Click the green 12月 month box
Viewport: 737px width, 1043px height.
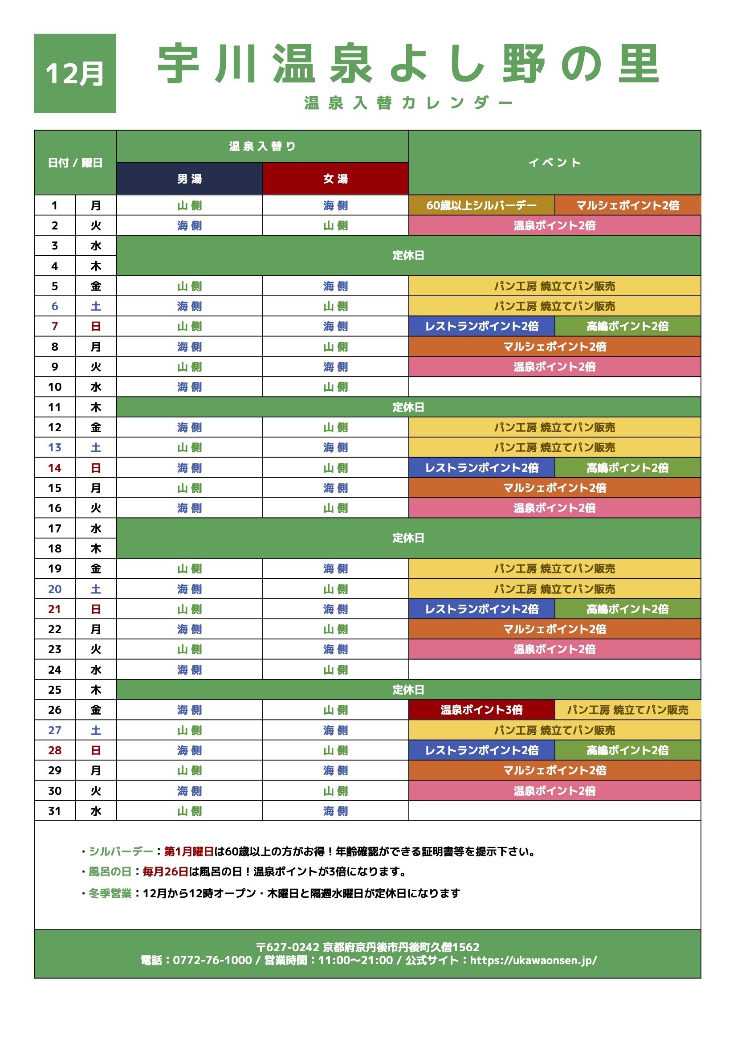pos(75,73)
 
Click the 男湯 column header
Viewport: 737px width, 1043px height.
pos(189,179)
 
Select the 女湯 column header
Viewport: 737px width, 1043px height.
pos(336,179)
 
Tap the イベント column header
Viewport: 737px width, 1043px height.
pos(554,162)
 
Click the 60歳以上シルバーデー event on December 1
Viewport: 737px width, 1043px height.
pos(481,205)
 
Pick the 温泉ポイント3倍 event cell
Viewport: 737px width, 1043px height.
pos(481,710)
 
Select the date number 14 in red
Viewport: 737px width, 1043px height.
pos(54,467)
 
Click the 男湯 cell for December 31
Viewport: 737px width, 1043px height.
pos(189,810)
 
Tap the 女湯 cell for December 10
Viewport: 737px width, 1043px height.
pos(336,387)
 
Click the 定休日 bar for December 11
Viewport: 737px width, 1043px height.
pos(408,407)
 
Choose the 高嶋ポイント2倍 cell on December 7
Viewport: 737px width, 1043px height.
pos(627,326)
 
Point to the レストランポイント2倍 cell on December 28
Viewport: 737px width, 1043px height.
pos(481,750)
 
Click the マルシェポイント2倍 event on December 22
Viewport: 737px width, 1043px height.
pos(554,629)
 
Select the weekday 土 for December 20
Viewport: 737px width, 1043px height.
pos(96,589)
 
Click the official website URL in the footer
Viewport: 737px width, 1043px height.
pos(533,960)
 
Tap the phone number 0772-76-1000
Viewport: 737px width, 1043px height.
pos(212,960)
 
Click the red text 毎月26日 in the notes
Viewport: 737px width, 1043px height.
pos(165,871)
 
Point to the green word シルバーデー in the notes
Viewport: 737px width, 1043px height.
pos(121,851)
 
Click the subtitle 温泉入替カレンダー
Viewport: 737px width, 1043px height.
pos(408,103)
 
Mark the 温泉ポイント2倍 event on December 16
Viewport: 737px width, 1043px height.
pos(554,507)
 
